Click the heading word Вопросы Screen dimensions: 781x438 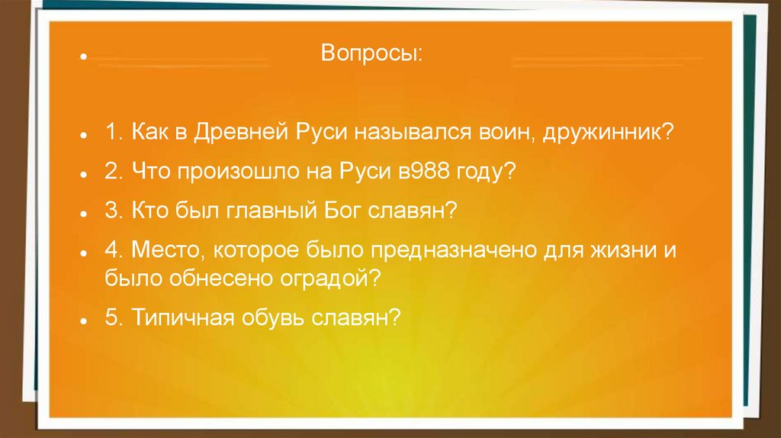pyautogui.click(x=371, y=53)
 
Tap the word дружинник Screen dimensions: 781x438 pyautogui.click(x=608, y=133)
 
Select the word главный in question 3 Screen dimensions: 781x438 pyautogui.click(x=272, y=210)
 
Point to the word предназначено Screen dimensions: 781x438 pyautogui.click(x=453, y=250)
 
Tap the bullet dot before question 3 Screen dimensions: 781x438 pyautogui.click(x=84, y=213)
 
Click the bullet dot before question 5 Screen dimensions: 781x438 pyautogui.click(x=84, y=320)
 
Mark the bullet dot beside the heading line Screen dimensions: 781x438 pyautogui.click(x=84, y=56)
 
